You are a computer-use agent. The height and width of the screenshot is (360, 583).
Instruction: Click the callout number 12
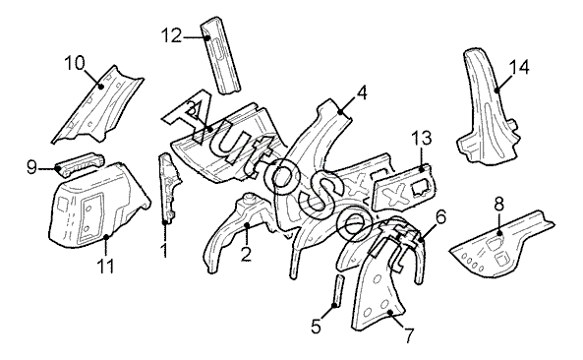(x=171, y=36)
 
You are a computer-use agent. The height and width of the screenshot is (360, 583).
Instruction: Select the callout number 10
(x=75, y=63)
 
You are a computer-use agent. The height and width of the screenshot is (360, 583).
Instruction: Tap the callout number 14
(x=519, y=67)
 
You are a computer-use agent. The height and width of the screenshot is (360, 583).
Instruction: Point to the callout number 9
(x=32, y=167)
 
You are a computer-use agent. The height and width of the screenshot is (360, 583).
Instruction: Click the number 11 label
(x=105, y=267)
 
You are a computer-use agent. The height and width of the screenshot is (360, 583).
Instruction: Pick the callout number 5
(x=316, y=327)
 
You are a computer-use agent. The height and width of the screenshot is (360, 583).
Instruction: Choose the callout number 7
(x=408, y=335)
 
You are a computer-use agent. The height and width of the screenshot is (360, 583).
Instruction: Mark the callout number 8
(x=499, y=205)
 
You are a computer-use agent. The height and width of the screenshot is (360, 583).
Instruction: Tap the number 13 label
(x=422, y=138)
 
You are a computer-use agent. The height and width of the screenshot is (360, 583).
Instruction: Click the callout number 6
(x=440, y=217)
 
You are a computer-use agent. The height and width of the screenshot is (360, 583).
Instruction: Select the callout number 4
(x=362, y=92)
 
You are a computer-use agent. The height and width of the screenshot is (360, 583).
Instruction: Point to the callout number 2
(x=246, y=254)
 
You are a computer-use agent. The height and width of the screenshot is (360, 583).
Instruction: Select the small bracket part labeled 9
(x=80, y=164)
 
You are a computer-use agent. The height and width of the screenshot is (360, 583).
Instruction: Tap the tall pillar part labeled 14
(x=487, y=108)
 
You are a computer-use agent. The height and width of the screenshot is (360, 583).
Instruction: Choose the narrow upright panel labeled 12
(x=220, y=55)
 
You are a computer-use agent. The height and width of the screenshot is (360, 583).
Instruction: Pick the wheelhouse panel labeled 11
(x=98, y=207)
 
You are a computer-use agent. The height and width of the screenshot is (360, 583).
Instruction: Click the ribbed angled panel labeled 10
(x=98, y=105)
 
